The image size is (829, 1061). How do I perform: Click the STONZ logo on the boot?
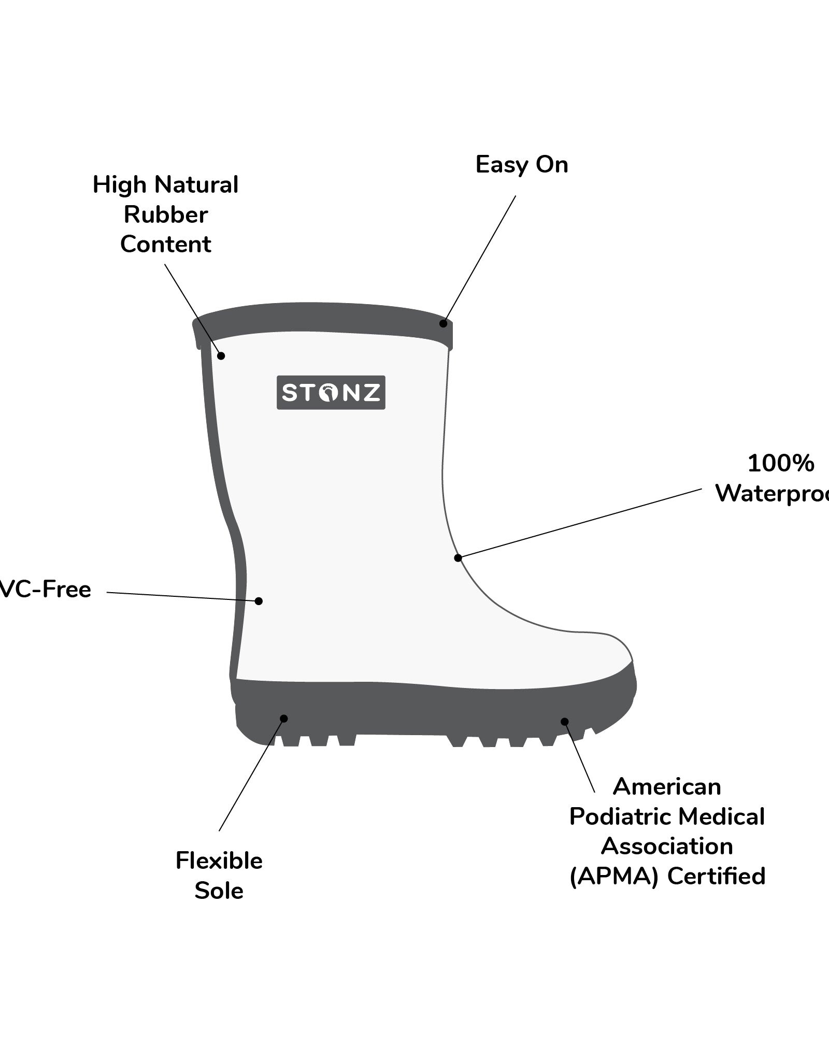click(331, 392)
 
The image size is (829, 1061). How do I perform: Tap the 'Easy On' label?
click(522, 165)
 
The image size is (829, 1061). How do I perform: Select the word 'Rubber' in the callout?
click(166, 214)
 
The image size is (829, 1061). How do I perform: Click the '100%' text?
click(780, 463)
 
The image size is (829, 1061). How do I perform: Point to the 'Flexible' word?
click(219, 861)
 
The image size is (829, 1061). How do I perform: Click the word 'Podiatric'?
click(620, 817)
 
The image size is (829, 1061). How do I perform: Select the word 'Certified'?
click(716, 876)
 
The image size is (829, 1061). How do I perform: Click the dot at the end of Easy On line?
click(443, 324)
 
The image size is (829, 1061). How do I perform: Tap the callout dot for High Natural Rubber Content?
click(221, 356)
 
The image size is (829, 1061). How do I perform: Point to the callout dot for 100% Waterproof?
click(458, 558)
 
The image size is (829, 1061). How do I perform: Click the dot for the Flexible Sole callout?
click(284, 719)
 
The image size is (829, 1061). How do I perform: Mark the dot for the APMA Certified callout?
click(565, 722)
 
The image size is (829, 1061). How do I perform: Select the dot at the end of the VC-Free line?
click(259, 601)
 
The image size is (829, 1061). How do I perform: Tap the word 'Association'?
click(667, 847)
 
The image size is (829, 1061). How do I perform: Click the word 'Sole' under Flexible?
click(219, 891)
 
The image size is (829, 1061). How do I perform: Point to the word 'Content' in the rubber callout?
click(166, 244)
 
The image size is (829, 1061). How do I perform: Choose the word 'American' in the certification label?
click(667, 787)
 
